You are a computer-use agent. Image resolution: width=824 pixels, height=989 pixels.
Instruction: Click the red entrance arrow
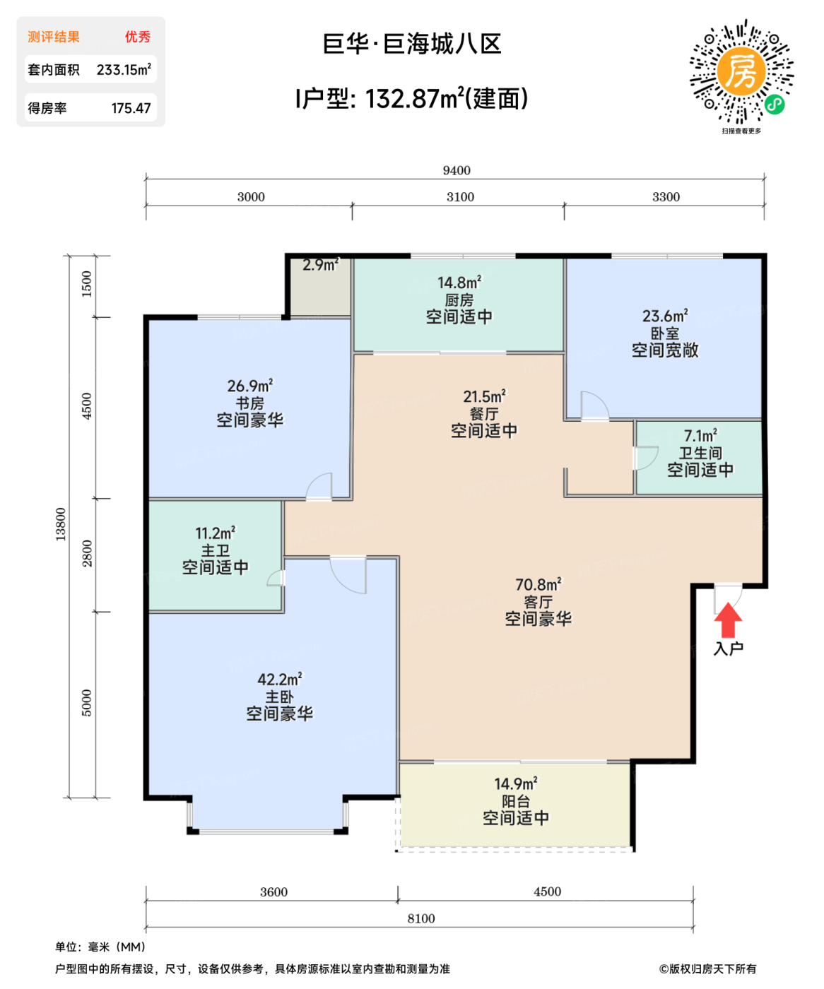(x=727, y=621)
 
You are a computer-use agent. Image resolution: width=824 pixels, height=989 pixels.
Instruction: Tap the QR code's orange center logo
(x=741, y=71)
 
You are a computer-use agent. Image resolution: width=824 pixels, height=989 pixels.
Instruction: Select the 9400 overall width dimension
(x=457, y=170)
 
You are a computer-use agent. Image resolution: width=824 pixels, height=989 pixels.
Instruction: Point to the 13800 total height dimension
(x=61, y=524)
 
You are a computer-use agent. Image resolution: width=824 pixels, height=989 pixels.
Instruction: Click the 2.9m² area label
(x=320, y=265)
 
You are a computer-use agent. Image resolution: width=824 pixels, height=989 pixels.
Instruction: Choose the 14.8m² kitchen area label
(x=459, y=283)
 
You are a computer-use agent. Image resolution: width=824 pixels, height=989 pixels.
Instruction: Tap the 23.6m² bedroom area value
(x=664, y=316)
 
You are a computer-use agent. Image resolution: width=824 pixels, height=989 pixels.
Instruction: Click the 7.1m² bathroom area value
(x=700, y=436)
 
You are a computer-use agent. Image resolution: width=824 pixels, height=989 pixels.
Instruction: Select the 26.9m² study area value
(x=249, y=386)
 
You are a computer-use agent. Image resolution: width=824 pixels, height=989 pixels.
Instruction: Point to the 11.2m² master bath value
(x=215, y=533)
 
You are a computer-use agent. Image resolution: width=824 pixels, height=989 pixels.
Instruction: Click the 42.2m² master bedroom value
(x=279, y=680)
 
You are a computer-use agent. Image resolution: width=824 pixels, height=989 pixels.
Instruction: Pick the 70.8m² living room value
(x=538, y=585)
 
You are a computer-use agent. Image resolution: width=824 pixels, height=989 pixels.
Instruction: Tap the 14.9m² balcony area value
(x=515, y=784)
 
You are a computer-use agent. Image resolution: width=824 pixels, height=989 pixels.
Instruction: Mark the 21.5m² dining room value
(x=484, y=396)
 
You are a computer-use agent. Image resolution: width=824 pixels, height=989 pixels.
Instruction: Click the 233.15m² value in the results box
(x=124, y=70)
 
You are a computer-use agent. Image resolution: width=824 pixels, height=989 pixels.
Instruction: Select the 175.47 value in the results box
(x=131, y=108)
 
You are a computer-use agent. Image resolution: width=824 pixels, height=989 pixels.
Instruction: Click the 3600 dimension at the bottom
(x=273, y=892)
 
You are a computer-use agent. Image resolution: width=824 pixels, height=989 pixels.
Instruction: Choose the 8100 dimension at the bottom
(x=421, y=918)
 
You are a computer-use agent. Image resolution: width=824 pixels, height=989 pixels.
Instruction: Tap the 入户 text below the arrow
(x=728, y=649)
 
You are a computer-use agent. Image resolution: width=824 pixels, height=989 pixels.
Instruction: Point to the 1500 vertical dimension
(x=87, y=284)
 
